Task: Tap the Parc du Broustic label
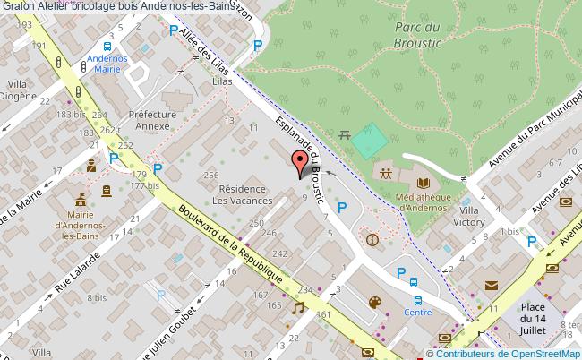395,34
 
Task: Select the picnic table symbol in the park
346,135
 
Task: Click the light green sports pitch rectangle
369,140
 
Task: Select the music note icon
297,307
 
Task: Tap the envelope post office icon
491,286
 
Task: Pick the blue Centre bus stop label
417,312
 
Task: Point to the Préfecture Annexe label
150,120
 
